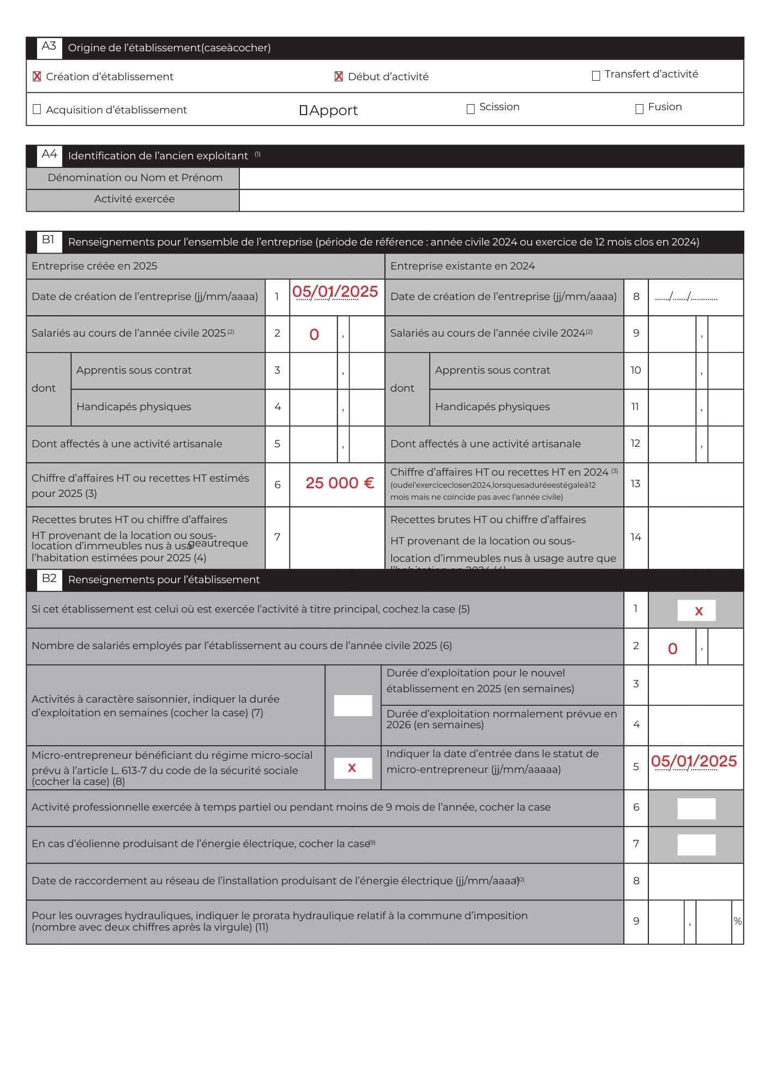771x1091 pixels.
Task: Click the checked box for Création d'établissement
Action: tap(37, 76)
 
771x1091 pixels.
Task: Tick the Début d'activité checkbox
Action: tap(339, 76)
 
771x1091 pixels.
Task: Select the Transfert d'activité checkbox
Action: tap(596, 75)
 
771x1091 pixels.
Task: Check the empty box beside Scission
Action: tap(471, 109)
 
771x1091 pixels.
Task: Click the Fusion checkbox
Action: tap(640, 109)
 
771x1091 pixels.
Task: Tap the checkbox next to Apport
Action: tap(304, 110)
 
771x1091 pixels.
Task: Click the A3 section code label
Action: tap(49, 46)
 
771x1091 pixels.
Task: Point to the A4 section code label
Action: tap(49, 154)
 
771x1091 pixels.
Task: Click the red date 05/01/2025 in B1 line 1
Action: tap(335, 292)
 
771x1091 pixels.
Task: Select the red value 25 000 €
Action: tap(340, 483)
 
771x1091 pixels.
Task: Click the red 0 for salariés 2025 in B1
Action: tap(314, 335)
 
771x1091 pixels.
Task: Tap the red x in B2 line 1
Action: tap(698, 612)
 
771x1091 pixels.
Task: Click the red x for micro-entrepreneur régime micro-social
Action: tap(352, 768)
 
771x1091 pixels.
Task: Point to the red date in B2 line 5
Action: tap(694, 762)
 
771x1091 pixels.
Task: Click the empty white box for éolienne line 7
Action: tap(696, 845)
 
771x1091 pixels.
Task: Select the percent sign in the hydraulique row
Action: tap(737, 921)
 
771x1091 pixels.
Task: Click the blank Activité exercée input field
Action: tap(491, 200)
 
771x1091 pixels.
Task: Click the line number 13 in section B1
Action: tap(635, 484)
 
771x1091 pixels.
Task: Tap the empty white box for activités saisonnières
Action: tap(353, 705)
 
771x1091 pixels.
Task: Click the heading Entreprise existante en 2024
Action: tap(462, 266)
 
